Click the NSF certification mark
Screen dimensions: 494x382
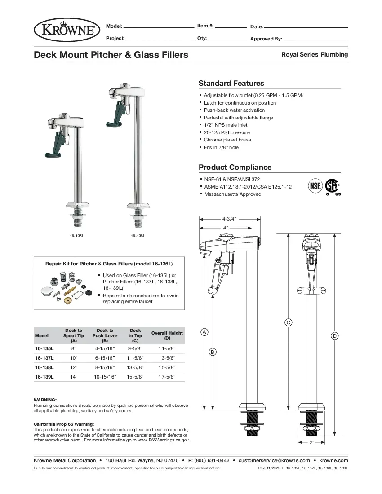click(315, 185)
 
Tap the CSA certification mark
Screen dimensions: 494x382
click(332, 186)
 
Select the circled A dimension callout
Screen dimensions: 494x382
click(204, 332)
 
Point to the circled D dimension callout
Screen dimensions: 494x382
click(334, 335)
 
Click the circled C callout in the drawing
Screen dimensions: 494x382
click(289, 322)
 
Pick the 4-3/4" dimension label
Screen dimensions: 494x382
click(229, 219)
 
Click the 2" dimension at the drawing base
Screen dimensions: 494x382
click(311, 442)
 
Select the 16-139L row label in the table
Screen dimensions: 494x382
click(44, 377)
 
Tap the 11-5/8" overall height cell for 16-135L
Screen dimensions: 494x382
click(167, 348)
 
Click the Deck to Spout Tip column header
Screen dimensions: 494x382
click(74, 335)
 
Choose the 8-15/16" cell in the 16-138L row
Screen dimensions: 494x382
click(105, 367)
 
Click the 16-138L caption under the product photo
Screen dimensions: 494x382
click(138, 236)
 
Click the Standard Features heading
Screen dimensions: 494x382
click(231, 83)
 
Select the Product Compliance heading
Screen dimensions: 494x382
click(235, 167)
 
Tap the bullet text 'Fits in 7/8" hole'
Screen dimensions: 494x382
click(221, 147)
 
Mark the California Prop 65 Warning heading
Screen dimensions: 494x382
click(64, 424)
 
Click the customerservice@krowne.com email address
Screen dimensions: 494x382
click(274, 460)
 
